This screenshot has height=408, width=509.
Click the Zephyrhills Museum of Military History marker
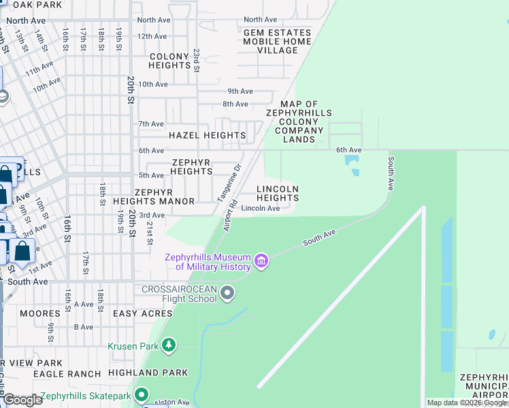pos(261,261)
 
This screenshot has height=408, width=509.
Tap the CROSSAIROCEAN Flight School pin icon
pos(227,293)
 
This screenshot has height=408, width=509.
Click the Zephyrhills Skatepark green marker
pos(141,395)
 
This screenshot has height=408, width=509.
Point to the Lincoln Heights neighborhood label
pos(278,193)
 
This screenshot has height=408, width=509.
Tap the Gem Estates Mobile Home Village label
pos(278,41)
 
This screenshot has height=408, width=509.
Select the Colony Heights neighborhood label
pos(169,61)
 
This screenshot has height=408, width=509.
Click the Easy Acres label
pos(143,313)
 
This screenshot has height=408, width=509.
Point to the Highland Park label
pos(148,373)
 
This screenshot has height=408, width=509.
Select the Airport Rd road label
pos(229,216)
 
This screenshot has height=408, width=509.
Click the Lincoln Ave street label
pos(261,208)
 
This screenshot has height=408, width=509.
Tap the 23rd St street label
pos(196,60)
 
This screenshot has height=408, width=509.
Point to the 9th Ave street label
pos(240,91)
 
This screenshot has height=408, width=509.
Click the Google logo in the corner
pos(22,400)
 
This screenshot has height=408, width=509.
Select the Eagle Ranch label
pos(67,374)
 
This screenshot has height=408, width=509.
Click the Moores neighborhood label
pos(40,313)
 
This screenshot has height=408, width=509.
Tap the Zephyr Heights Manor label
pos(165,197)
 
